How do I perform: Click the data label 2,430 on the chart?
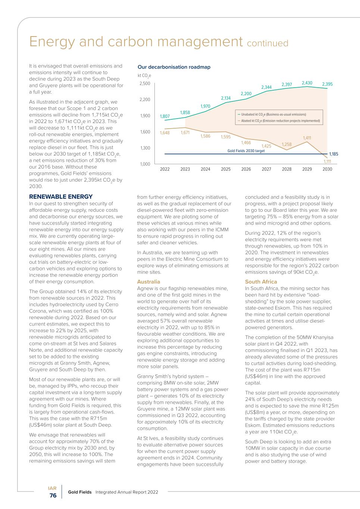point(307,83)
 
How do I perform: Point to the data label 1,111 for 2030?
point(327,161)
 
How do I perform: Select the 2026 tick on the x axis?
point(246,169)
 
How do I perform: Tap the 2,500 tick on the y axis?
point(145,84)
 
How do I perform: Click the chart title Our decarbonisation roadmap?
point(174,67)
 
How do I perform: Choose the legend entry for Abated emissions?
point(280,121)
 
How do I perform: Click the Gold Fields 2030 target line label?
point(246,151)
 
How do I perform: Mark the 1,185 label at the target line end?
point(334,154)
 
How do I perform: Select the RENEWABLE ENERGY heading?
point(61,197)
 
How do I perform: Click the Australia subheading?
point(148,282)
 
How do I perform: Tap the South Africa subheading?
point(261,282)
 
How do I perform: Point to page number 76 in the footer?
point(53,496)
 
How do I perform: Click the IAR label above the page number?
point(52,488)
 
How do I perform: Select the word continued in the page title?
point(267,44)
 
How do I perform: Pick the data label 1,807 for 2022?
point(165,116)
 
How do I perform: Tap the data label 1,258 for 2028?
point(287,144)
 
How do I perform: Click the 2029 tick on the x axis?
point(307,169)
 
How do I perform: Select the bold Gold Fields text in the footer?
point(79,492)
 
